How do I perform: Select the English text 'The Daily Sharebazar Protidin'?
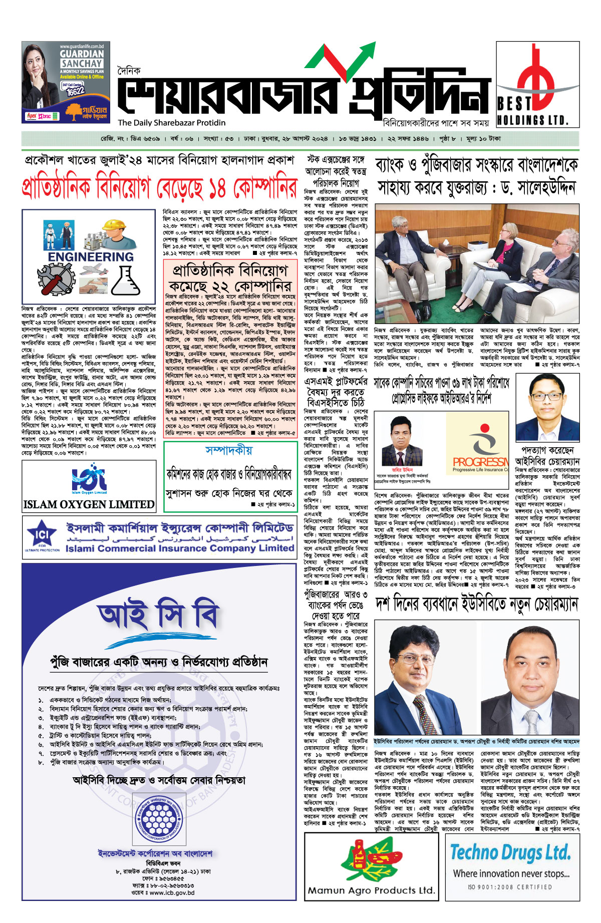tap(172, 123)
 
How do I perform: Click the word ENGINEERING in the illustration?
tap(91, 257)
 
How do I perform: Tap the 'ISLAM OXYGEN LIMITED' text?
tap(89, 504)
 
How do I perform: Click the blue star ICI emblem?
tap(42, 535)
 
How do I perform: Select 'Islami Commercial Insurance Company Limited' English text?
tap(180, 548)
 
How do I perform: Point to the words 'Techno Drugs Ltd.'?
tap(510, 852)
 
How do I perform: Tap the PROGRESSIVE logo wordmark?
tap(480, 461)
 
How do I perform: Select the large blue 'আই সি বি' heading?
tap(158, 617)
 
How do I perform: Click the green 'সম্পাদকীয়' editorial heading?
tap(228, 450)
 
